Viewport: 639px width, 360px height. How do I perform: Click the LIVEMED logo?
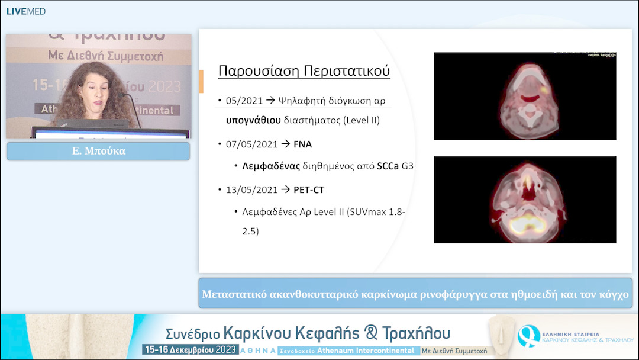pos(25,11)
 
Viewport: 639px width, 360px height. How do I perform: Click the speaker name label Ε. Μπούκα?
pos(98,151)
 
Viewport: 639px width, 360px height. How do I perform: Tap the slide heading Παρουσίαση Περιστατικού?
pos(304,71)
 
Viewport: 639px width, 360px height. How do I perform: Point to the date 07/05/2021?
pos(251,144)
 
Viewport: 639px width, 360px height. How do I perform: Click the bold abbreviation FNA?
pos(302,144)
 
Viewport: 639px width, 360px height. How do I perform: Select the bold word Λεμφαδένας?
pos(271,166)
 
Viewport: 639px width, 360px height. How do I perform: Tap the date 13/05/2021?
pos(251,190)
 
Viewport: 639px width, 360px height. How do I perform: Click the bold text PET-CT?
pos(309,190)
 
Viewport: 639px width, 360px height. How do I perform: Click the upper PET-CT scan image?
pos(525,96)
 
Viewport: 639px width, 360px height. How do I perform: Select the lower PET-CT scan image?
pos(525,200)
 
